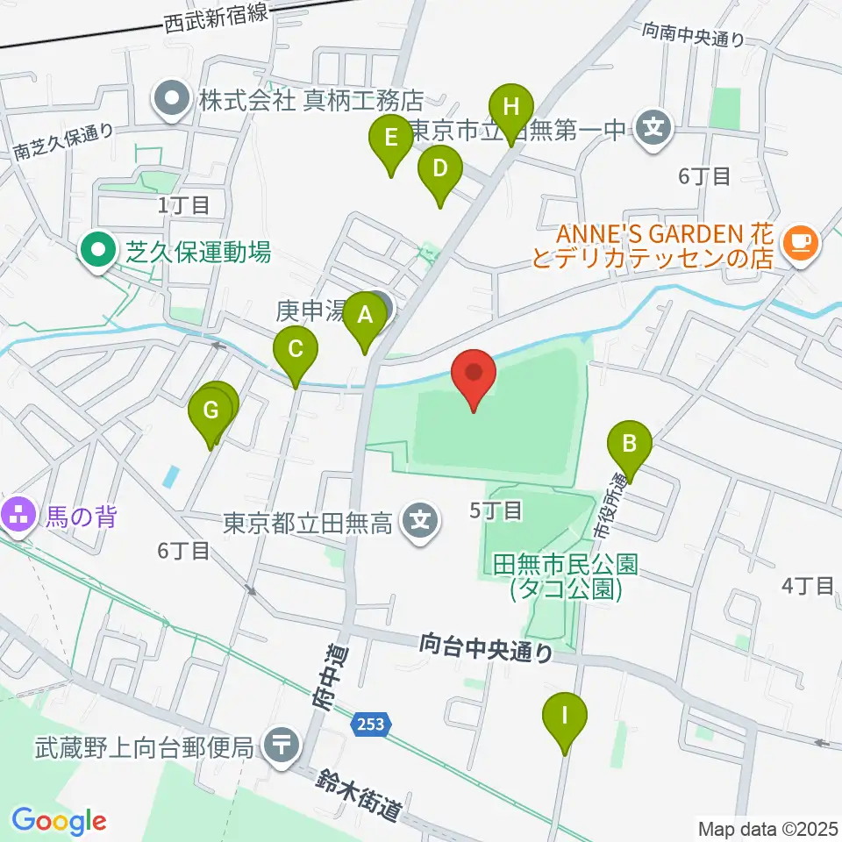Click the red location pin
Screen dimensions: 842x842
pyautogui.click(x=474, y=378)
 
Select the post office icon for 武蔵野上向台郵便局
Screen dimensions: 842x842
pyautogui.click(x=282, y=747)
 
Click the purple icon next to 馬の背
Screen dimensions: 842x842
pyautogui.click(x=18, y=512)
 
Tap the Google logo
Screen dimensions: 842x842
pyautogui.click(x=59, y=821)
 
